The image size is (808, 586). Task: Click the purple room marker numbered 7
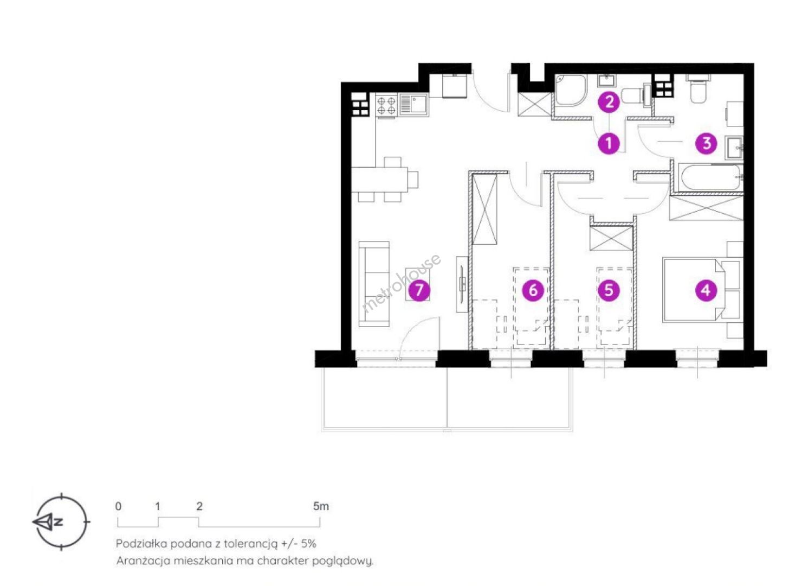click(x=419, y=290)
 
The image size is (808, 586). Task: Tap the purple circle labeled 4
click(x=706, y=290)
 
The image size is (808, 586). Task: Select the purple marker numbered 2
click(x=609, y=101)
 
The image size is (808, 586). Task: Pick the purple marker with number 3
click(x=706, y=143)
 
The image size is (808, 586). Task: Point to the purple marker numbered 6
click(x=533, y=290)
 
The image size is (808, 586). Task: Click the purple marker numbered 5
click(x=609, y=290)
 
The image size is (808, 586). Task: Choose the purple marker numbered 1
click(x=609, y=143)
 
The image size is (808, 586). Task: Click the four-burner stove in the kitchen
click(x=386, y=105)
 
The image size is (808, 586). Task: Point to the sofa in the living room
click(x=374, y=284)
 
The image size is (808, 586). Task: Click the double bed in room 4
click(x=702, y=290)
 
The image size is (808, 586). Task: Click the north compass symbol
click(x=61, y=521)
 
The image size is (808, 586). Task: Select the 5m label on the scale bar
click(x=321, y=506)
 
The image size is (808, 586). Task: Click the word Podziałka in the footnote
click(x=140, y=543)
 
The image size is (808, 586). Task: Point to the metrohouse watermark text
click(x=401, y=283)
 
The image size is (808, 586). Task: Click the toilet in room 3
click(x=699, y=88)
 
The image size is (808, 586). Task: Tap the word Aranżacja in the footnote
click(x=143, y=561)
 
